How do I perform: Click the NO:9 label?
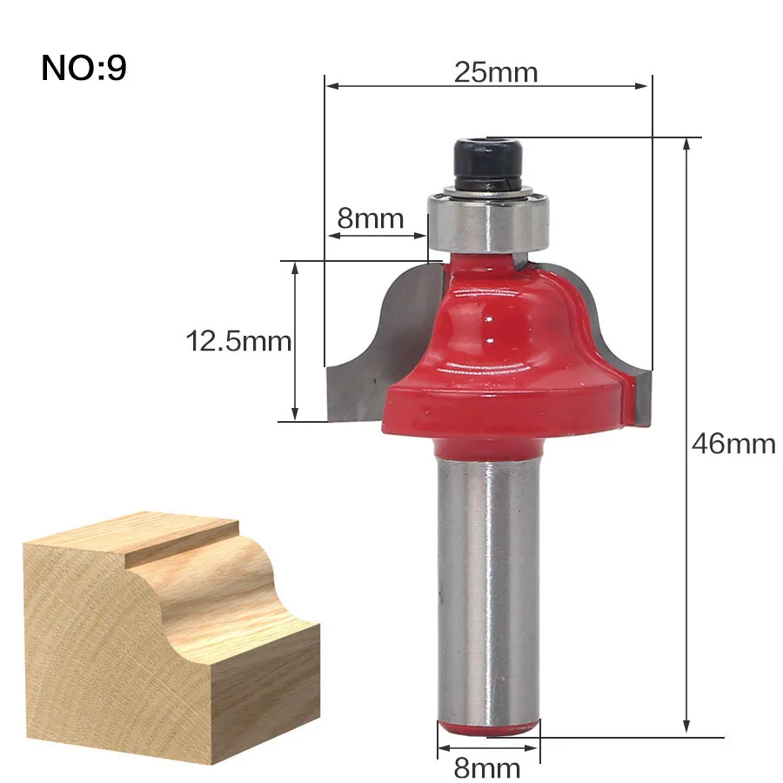click(x=84, y=68)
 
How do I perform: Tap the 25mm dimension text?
click(x=496, y=73)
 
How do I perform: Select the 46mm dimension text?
click(x=733, y=444)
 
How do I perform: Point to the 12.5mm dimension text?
click(x=238, y=342)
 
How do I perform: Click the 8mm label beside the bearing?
click(x=371, y=218)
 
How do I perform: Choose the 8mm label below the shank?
click(x=487, y=767)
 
